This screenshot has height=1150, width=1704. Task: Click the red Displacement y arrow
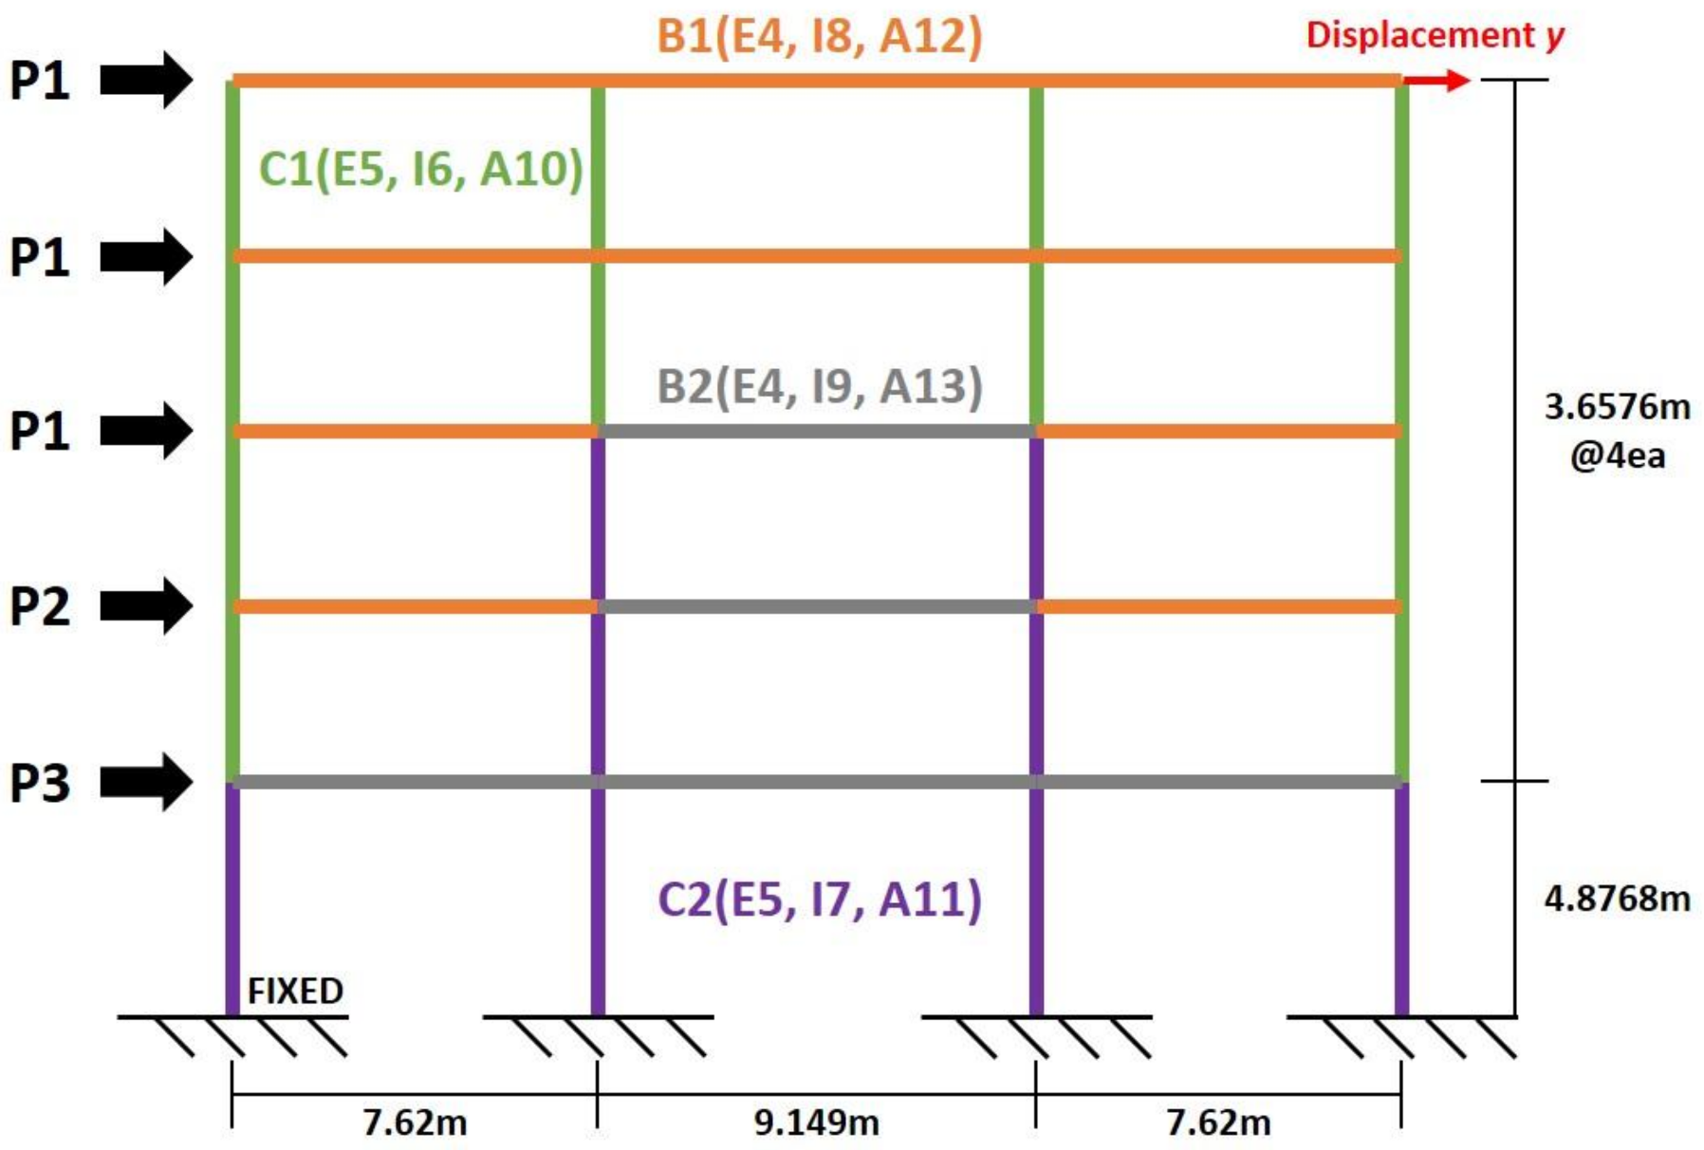tap(1436, 81)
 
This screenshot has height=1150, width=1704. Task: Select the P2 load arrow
tap(146, 605)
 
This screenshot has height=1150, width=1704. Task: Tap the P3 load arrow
tap(146, 782)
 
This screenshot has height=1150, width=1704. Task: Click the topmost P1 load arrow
tap(146, 80)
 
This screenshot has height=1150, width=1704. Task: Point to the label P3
tap(40, 784)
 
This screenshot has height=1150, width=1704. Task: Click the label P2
tap(40, 607)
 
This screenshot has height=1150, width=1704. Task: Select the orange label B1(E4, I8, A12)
tap(819, 36)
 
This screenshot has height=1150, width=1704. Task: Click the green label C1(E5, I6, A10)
tap(420, 169)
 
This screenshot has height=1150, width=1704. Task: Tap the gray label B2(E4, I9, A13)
tap(819, 386)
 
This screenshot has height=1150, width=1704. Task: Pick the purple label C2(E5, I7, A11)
tap(819, 900)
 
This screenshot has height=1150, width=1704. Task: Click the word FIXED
tap(295, 992)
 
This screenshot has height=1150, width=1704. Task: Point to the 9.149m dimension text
tap(816, 1122)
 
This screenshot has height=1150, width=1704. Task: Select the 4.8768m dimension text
tap(1617, 898)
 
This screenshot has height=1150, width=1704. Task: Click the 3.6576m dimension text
tap(1617, 407)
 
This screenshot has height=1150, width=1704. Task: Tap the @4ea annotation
tap(1617, 456)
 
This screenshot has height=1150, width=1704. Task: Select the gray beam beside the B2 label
tap(817, 432)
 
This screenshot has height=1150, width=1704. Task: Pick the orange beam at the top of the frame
tap(817, 81)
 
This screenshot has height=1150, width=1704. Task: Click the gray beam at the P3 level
tap(817, 782)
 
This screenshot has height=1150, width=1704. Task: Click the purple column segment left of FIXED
tap(232, 901)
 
